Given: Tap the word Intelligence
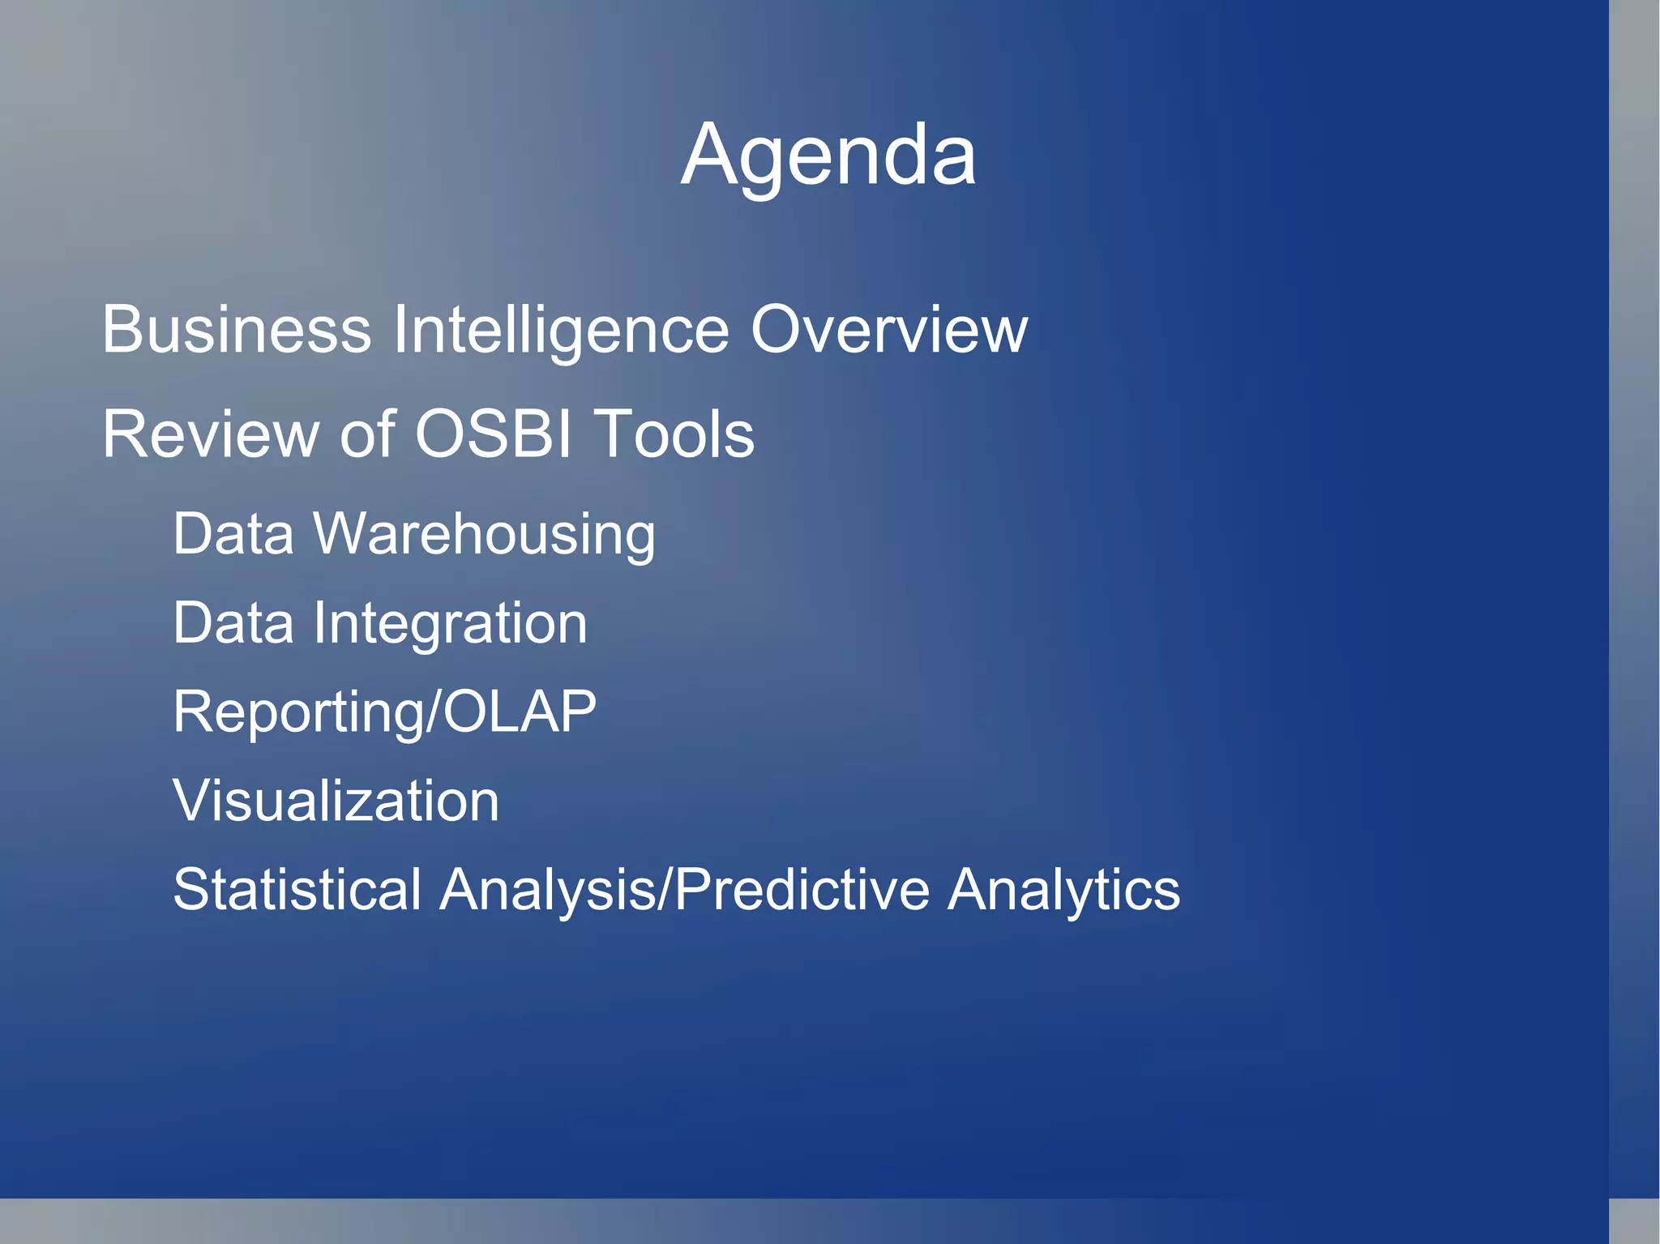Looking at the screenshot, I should click(561, 331).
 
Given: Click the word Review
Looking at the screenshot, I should click(209, 434).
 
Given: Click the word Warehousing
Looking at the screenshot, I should click(484, 535).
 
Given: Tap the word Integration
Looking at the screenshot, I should click(450, 623).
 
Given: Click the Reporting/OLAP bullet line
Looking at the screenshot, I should click(384, 712).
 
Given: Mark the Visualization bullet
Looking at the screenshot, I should click(336, 801).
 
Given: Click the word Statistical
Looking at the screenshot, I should click(297, 889).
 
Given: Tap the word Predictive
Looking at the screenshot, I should click(802, 889).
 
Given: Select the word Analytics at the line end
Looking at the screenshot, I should click(1063, 891).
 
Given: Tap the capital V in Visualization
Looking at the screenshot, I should click(193, 801).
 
